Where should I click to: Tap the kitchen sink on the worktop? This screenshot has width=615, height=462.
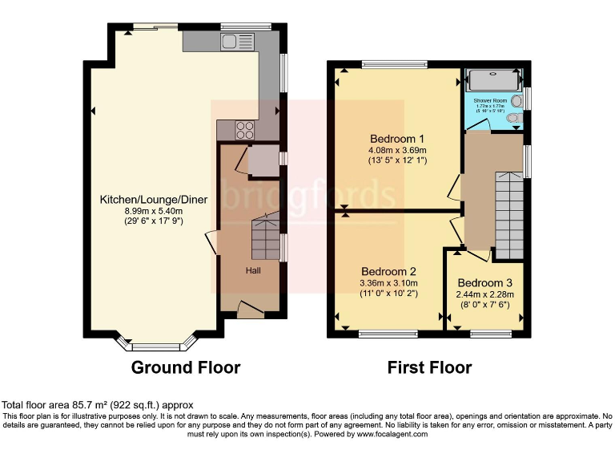(x=238, y=42)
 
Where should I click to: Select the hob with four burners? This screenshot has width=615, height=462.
(x=245, y=131)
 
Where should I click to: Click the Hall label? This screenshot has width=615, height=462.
(x=253, y=270)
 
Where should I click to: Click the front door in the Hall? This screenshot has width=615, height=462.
(x=251, y=307)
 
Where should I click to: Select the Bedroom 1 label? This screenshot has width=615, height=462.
(x=397, y=137)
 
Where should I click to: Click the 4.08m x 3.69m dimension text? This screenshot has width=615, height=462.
(x=397, y=150)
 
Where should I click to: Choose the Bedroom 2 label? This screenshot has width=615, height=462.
(x=388, y=271)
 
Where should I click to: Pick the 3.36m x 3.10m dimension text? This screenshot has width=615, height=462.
(x=388, y=283)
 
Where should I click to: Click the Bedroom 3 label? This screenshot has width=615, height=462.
(x=485, y=283)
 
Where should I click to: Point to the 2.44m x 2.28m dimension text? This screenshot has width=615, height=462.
(x=485, y=295)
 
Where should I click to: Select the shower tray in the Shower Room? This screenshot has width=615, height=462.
(x=494, y=80)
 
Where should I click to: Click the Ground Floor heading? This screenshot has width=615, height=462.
(x=186, y=367)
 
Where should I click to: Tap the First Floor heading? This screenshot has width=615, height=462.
(x=429, y=367)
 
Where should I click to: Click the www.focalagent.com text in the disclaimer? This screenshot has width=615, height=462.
(x=392, y=434)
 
